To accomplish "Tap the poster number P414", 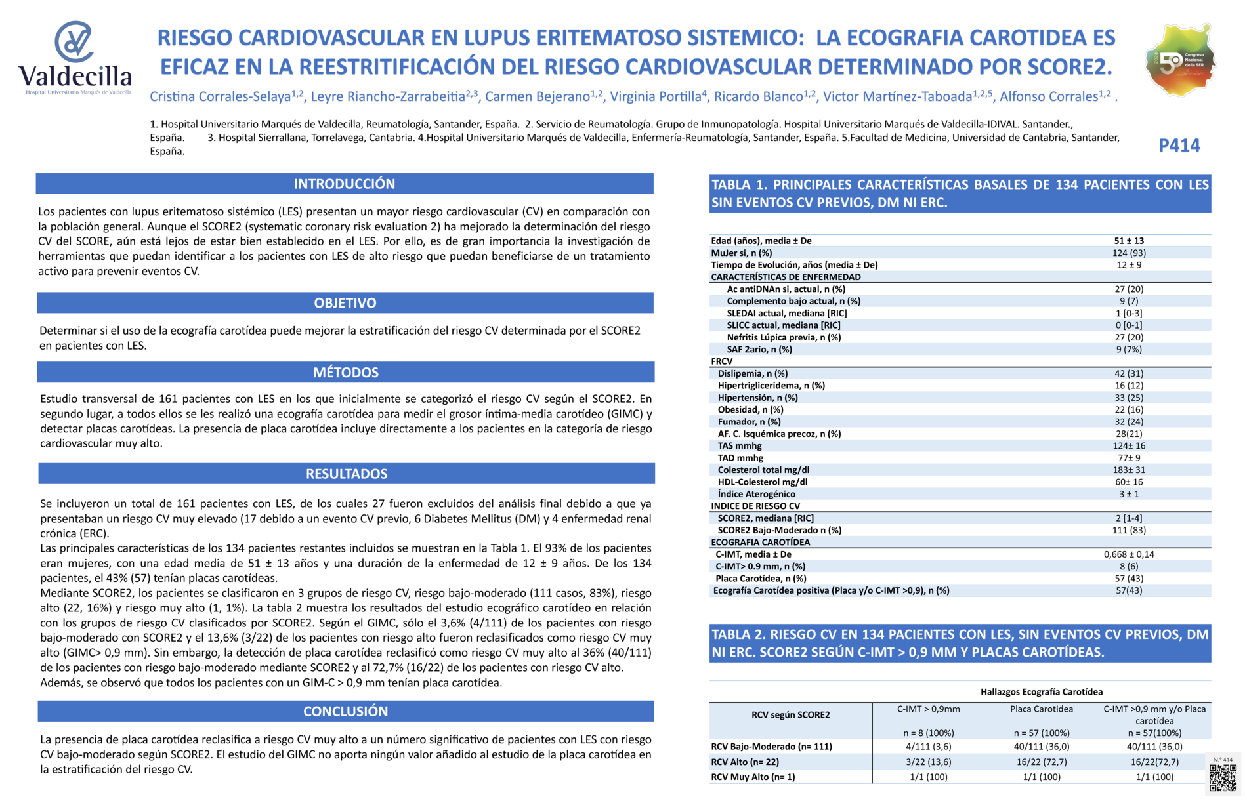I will click(x=1179, y=146).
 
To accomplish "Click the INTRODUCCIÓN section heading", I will click(x=345, y=184).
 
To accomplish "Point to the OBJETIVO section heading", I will click(x=345, y=303).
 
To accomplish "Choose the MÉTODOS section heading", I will click(x=346, y=373).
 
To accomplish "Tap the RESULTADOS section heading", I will click(x=347, y=474).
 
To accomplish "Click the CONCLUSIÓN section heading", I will click(x=346, y=711).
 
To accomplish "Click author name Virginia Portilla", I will click(x=656, y=97).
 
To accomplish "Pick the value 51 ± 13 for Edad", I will click(x=1129, y=241).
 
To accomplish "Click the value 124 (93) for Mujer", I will click(x=1129, y=253).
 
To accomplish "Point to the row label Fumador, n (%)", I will click(x=749, y=422).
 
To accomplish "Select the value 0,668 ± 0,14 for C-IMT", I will click(x=1129, y=554).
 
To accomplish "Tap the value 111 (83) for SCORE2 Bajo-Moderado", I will click(x=1129, y=530).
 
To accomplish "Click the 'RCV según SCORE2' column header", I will click(x=790, y=715).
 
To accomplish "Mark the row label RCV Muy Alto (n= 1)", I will click(x=753, y=777).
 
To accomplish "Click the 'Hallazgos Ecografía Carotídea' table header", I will click(x=1042, y=692).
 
